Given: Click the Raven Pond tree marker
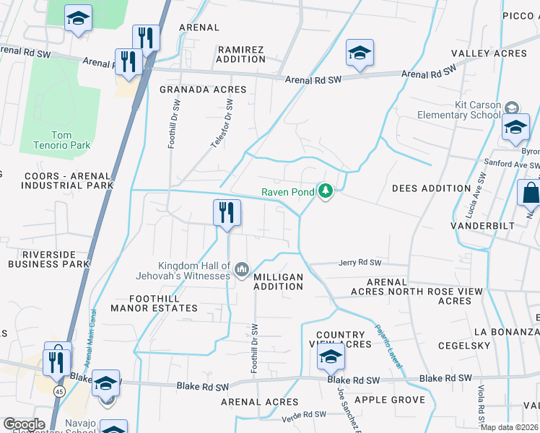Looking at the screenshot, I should click(326, 191).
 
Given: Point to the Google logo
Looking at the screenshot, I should click(24, 424).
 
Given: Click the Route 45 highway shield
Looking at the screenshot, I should click(58, 390).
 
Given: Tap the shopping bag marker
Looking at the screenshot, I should click(531, 194).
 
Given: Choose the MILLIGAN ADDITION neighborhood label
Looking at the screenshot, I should click(279, 281).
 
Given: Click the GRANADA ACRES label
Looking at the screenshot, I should click(203, 89).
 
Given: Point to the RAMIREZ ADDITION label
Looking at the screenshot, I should click(241, 54).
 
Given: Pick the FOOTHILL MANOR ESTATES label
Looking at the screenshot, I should click(154, 303).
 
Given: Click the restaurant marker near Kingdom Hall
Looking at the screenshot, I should click(227, 213).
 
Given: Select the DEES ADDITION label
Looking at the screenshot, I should click(431, 188).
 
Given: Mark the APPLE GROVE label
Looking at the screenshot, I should click(388, 400).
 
